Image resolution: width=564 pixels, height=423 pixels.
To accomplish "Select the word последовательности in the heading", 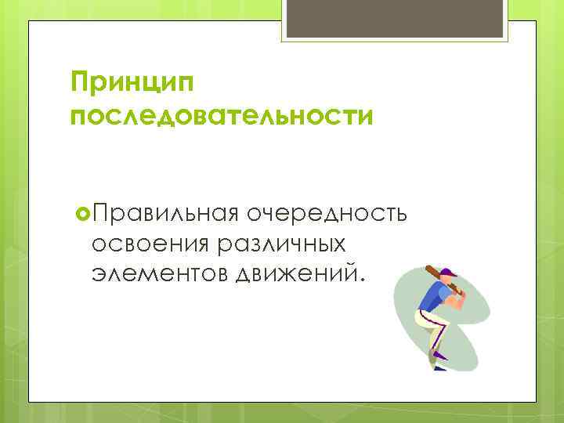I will pos(221,117).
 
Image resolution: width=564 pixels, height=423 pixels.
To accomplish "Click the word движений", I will pos(294,275).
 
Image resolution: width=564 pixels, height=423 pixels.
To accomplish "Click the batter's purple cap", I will pos(447,273).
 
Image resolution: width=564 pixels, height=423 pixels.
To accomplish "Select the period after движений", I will pos(362,284).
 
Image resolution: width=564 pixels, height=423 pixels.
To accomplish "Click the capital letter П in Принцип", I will pos(80,80).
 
